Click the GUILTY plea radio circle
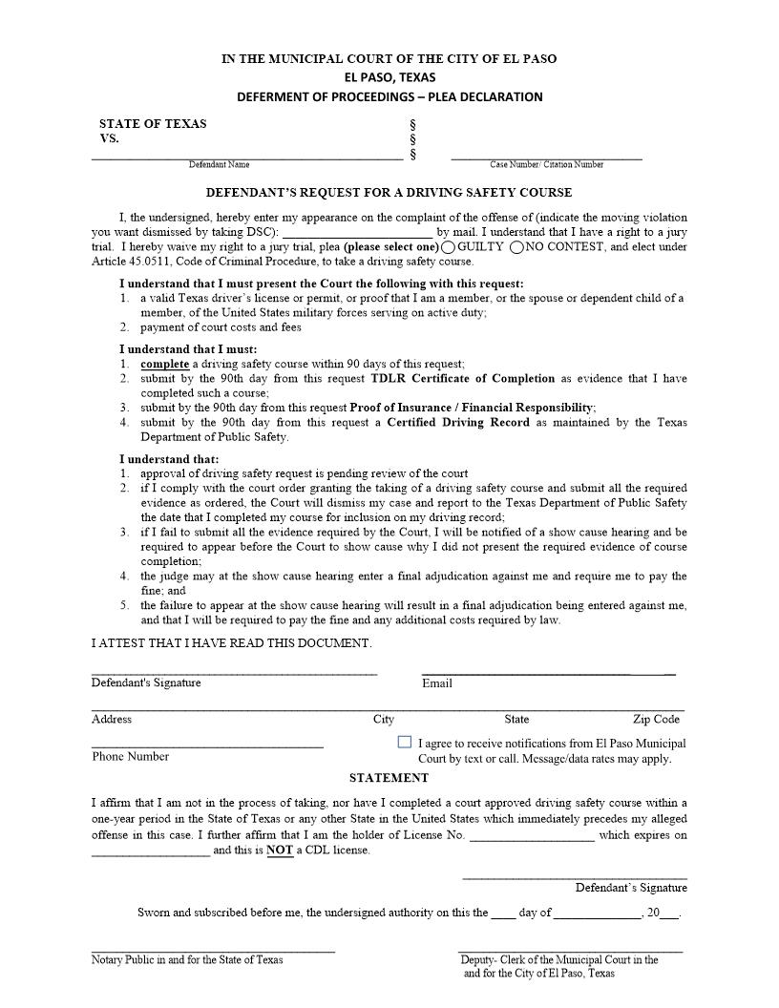click(x=449, y=247)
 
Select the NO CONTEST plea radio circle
click(x=516, y=247)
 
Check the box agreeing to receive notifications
click(x=405, y=742)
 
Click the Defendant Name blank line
click(x=246, y=157)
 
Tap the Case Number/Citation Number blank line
click(x=546, y=157)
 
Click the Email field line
click(x=548, y=673)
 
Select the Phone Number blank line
click(x=207, y=745)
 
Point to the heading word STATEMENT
click(x=389, y=778)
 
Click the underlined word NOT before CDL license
click(x=280, y=850)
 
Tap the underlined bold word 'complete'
click(x=164, y=364)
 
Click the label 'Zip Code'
click(x=656, y=719)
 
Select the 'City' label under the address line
click(x=383, y=719)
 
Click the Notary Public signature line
click(x=213, y=951)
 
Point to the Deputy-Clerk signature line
click(x=571, y=951)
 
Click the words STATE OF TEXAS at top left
click(x=153, y=123)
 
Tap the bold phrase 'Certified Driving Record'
click(x=457, y=422)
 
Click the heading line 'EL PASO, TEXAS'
click(x=389, y=77)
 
